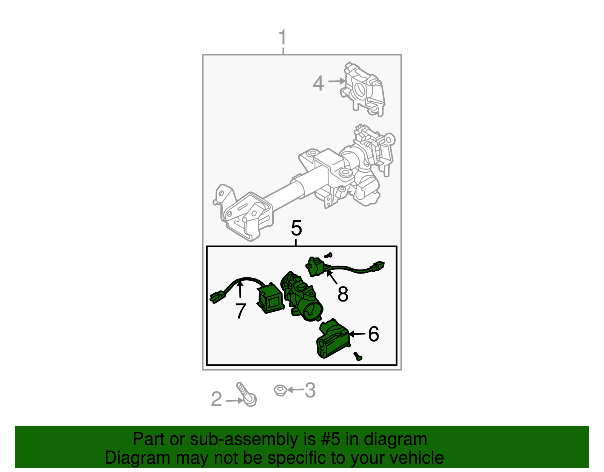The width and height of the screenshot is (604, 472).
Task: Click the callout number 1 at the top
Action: pyautogui.click(x=282, y=37)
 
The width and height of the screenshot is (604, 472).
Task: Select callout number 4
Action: pyautogui.click(x=318, y=83)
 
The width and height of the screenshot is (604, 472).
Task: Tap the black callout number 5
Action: pyautogui.click(x=296, y=228)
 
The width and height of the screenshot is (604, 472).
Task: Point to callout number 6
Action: pyautogui.click(x=373, y=334)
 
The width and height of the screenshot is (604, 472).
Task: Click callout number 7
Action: pyautogui.click(x=241, y=311)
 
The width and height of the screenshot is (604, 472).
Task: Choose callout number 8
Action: pyautogui.click(x=343, y=294)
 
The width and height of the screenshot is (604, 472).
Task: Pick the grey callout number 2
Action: pyautogui.click(x=216, y=399)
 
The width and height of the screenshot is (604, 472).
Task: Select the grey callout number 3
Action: pyautogui.click(x=310, y=390)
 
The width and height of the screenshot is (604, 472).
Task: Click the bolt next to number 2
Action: pyautogui.click(x=247, y=395)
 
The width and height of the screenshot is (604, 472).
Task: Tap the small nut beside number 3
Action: pyautogui.click(x=280, y=390)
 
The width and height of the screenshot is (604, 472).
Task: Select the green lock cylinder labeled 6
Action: pyautogui.click(x=333, y=338)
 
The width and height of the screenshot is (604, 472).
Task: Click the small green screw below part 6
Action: pyautogui.click(x=358, y=356)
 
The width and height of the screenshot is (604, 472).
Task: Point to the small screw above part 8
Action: pyautogui.click(x=328, y=255)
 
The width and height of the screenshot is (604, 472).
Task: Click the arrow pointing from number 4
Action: pyautogui.click(x=337, y=81)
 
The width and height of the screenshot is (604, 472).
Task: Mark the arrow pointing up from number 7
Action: pyautogui.click(x=240, y=289)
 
